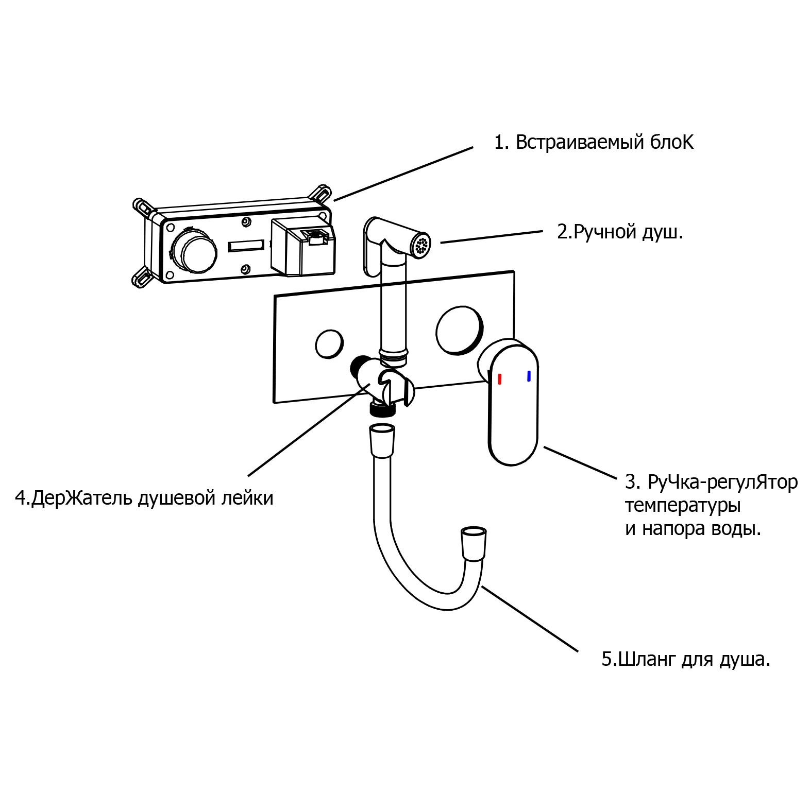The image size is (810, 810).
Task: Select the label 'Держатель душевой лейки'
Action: pos(144,498)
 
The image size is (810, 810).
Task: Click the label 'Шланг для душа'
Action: pos(686,659)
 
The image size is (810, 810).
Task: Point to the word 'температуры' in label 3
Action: pos(683,505)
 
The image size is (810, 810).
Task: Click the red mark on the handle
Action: pos(499,380)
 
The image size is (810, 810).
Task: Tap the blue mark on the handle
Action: pos(529,376)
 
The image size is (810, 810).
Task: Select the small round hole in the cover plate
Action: pos(329,343)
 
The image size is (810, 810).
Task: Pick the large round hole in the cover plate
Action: pos(458,331)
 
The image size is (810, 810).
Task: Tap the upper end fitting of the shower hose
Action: pos(382,440)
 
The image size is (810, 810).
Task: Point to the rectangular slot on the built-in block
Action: pos(246,246)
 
